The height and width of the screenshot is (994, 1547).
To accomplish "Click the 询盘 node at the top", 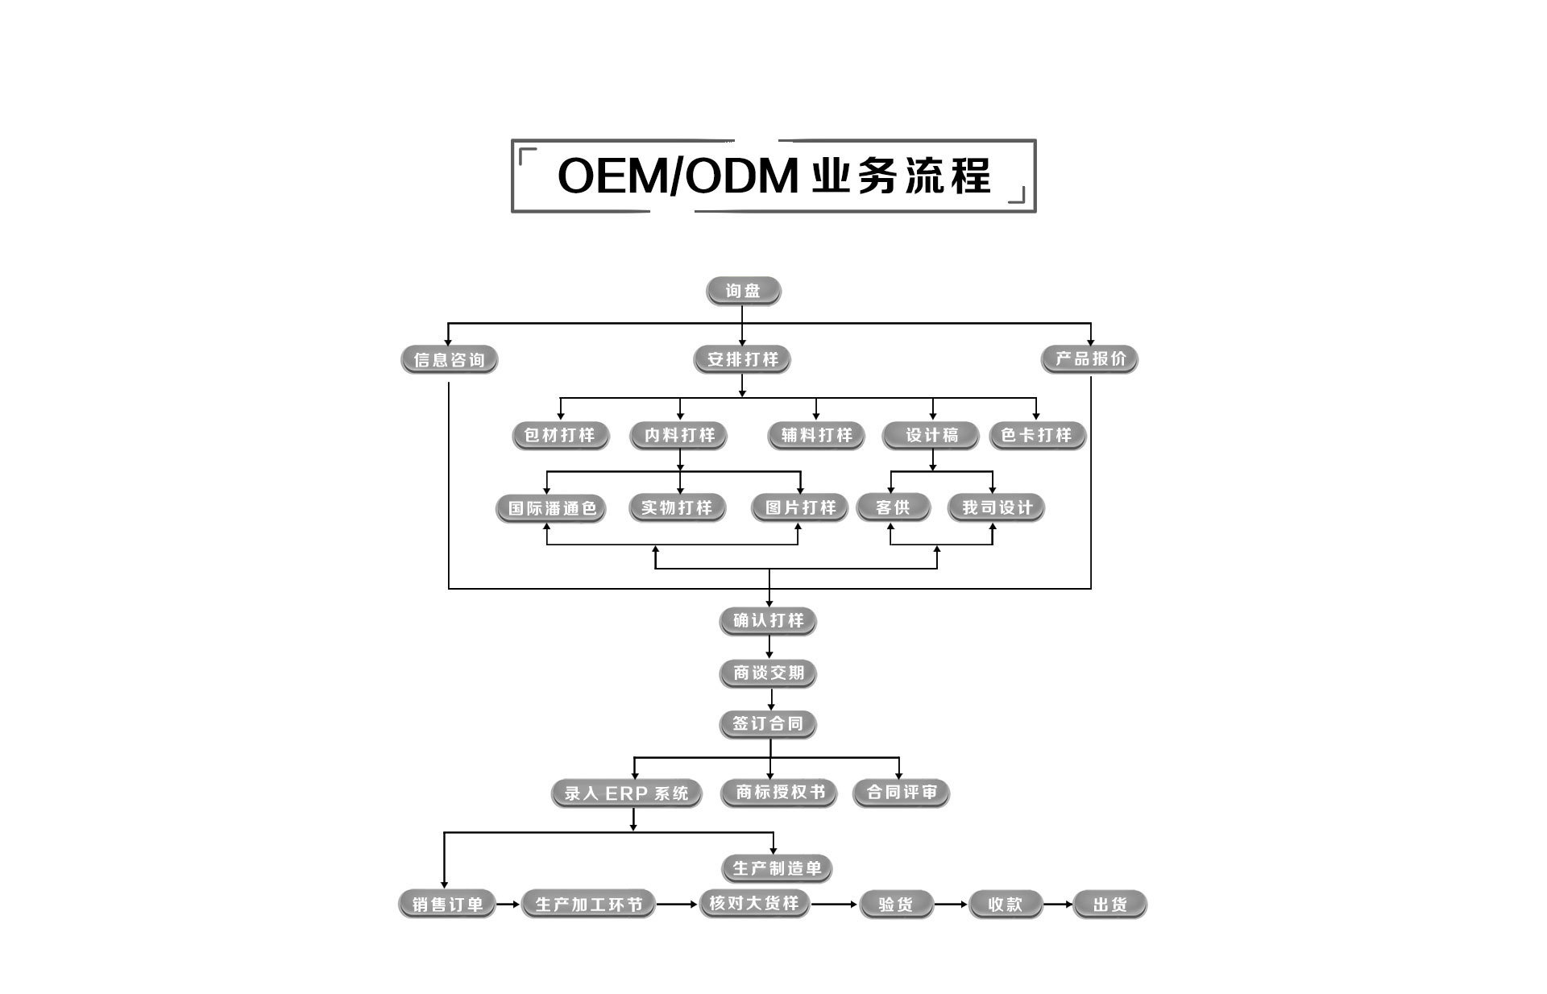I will tap(743, 291).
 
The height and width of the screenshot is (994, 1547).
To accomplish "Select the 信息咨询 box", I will tap(449, 359).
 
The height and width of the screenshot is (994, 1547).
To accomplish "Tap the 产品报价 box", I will tap(1089, 358).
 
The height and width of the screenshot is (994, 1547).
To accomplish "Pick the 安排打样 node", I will tap(742, 359).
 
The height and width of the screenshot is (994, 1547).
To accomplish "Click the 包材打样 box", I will tap(560, 435).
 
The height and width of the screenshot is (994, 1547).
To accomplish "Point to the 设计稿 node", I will tap(931, 435).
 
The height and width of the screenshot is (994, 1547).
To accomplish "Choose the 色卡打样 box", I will tap(1037, 435).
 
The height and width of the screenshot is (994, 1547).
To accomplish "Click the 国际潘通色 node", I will tap(551, 508).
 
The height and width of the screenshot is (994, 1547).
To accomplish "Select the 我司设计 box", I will tap(996, 507).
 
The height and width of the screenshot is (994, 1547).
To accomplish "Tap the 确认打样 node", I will tap(768, 620).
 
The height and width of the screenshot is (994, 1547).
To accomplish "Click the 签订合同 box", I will tap(768, 723).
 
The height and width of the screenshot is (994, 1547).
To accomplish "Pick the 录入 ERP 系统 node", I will tap(626, 793).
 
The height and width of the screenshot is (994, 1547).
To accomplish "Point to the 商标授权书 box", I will tap(779, 793).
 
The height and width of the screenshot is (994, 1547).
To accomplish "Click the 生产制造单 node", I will tap(776, 868).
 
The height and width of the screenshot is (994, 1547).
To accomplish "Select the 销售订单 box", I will tap(447, 905).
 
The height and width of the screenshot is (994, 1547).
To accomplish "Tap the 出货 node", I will tap(1109, 905).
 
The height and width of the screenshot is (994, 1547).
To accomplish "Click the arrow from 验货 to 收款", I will tap(951, 905).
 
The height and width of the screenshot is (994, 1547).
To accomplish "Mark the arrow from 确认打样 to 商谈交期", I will tap(769, 647).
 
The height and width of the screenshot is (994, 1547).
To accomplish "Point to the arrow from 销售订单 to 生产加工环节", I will tap(508, 905).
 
